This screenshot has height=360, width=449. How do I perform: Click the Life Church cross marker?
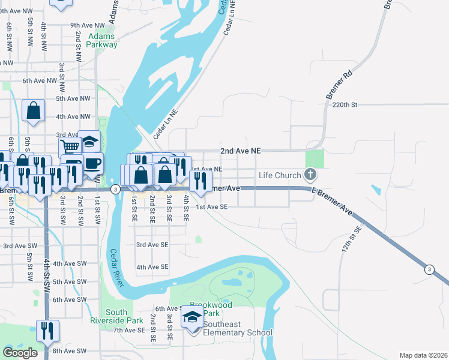click(x=310, y=175)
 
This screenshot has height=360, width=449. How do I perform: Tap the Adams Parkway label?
click(x=102, y=40)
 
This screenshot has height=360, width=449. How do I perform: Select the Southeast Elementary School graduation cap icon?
click(x=193, y=318)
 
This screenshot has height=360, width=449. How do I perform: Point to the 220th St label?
click(x=345, y=104)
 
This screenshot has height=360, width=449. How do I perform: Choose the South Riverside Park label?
click(x=116, y=316)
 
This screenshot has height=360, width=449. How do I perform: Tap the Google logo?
click(x=20, y=353)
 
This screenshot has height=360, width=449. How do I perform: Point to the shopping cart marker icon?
click(x=70, y=146)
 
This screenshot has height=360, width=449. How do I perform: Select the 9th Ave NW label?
click(x=87, y=25)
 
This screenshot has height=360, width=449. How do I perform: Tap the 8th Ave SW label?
click(x=67, y=351)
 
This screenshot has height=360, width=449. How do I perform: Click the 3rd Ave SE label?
click(x=152, y=245)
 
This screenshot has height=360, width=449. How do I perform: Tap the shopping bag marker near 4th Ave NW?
click(x=34, y=110)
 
